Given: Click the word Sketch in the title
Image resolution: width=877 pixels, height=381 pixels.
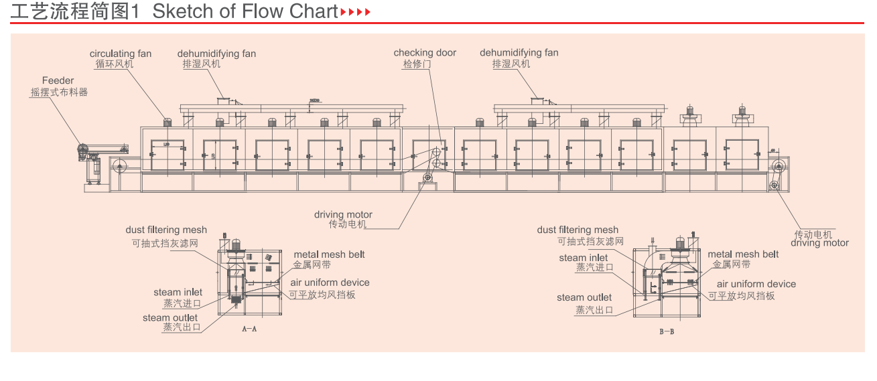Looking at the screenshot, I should click(x=174, y=11).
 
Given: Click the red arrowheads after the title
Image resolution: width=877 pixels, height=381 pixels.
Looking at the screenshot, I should click(x=355, y=12).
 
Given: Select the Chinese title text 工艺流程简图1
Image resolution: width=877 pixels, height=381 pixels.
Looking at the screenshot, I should click(x=74, y=11).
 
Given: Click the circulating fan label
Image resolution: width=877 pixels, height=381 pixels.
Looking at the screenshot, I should click(x=121, y=54).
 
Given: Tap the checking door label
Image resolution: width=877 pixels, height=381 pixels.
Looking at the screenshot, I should click(x=425, y=53).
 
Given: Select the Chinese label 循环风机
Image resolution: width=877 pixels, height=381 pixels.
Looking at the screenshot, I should click(x=114, y=64).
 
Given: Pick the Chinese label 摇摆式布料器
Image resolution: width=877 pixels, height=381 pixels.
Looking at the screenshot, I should click(x=59, y=92).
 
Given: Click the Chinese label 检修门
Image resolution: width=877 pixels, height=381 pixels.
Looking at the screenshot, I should click(x=417, y=64).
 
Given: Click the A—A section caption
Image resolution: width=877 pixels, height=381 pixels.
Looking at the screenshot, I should click(x=249, y=329).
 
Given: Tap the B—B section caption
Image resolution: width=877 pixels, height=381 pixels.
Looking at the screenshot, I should click(x=667, y=331).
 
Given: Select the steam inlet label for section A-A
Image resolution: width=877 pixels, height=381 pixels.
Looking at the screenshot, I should click(x=178, y=292).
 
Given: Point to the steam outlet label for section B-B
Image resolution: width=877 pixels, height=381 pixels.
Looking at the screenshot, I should click(x=584, y=297).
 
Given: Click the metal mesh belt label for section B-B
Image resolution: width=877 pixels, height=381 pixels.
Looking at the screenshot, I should click(x=743, y=254).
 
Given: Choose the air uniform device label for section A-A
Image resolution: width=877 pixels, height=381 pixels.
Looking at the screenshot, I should click(x=330, y=283).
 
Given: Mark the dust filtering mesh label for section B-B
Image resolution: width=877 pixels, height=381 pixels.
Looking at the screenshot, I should click(x=578, y=230).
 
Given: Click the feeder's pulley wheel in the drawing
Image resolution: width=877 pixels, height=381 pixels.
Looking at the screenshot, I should click(x=82, y=152).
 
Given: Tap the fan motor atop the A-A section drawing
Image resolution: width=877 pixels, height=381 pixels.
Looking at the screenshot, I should click(x=235, y=243).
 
